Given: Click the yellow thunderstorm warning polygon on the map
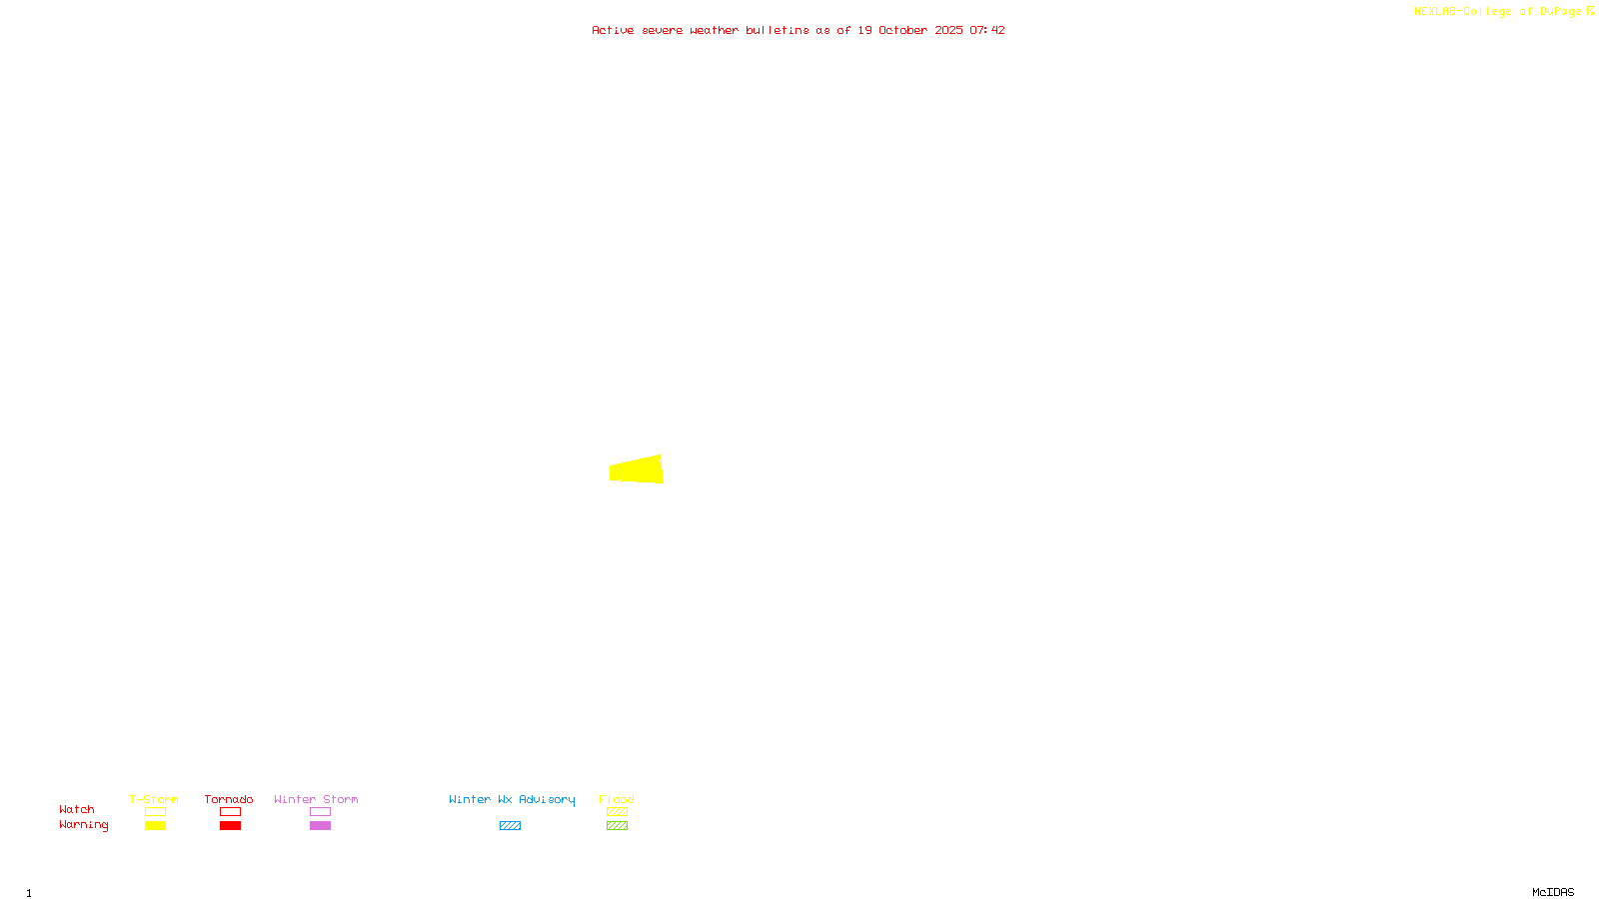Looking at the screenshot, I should [x=638, y=469].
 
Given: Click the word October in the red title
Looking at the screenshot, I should [x=902, y=30].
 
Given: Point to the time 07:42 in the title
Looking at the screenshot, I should [x=986, y=30].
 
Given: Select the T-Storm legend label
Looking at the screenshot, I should [x=154, y=799].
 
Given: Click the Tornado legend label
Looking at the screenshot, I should [x=229, y=799].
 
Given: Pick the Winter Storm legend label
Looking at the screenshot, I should [x=316, y=799].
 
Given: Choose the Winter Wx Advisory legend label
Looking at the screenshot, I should [x=512, y=799].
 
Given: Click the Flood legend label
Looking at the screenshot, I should [x=617, y=799].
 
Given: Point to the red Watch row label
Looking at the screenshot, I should [x=77, y=809].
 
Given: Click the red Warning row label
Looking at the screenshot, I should [x=83, y=825].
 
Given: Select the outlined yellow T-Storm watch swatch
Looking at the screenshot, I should [x=155, y=812].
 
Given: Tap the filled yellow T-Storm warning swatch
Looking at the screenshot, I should [x=155, y=826].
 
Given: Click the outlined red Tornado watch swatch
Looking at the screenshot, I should [x=230, y=812].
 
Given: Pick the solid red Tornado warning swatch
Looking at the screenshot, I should [x=230, y=826].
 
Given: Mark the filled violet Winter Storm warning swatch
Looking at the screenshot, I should [x=320, y=826].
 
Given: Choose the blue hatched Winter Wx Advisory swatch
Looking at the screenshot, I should [x=510, y=826].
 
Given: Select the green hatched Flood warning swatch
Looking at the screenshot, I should [x=617, y=826].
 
